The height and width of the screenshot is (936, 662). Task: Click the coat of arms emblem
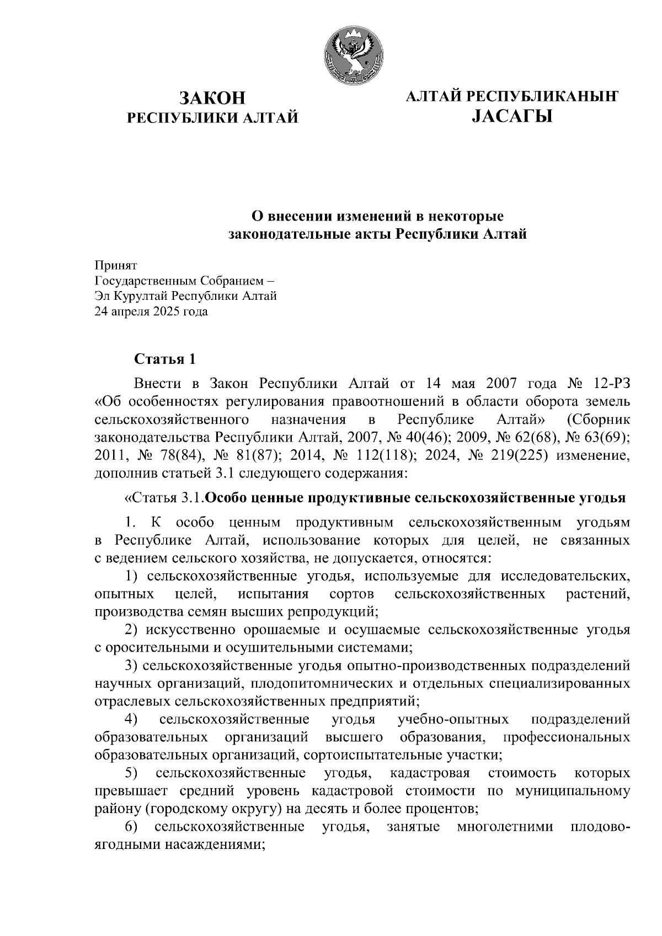click(x=352, y=55)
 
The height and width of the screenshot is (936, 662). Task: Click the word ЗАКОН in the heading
click(x=212, y=98)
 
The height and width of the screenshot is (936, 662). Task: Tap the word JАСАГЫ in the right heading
click(x=512, y=116)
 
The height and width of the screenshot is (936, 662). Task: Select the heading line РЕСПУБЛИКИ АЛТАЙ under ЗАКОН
click(x=212, y=118)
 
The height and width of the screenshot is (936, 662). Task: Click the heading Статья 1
click(x=165, y=359)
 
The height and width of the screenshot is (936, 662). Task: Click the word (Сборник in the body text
click(x=597, y=421)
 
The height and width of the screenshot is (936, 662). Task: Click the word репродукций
click(x=331, y=612)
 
